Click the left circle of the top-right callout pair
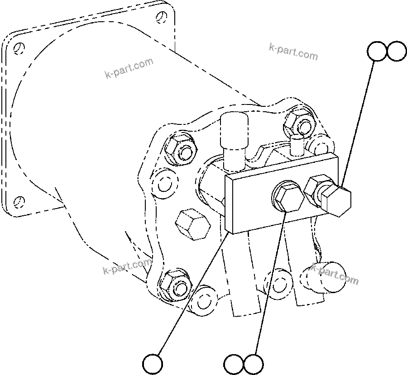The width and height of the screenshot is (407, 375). tap(377, 52)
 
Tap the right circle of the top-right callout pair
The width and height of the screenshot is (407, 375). tap(397, 52)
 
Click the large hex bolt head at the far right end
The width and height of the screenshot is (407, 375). tap(337, 200)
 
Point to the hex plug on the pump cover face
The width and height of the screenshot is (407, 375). tap(192, 223)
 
